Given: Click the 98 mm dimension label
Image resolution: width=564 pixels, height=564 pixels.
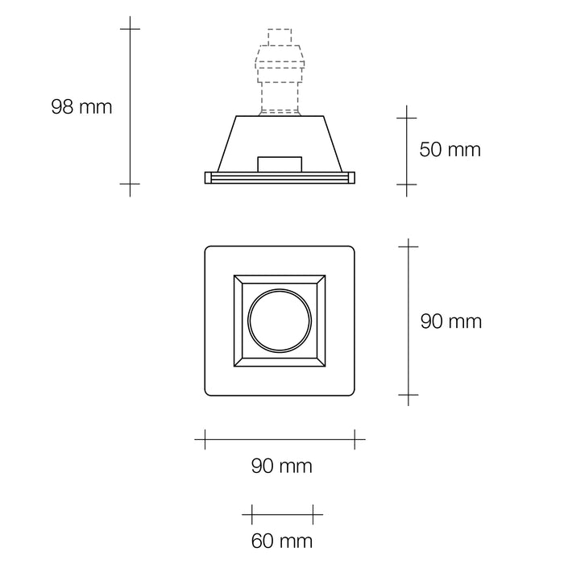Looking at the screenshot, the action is [x=81, y=107].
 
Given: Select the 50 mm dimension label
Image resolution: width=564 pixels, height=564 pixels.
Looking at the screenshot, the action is [x=450, y=149].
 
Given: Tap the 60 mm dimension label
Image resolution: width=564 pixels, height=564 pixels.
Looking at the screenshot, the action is [x=282, y=541].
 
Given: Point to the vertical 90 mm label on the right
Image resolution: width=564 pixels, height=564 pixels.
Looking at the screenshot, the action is [x=451, y=321].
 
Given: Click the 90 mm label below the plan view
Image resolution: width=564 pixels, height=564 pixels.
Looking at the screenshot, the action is [x=282, y=466].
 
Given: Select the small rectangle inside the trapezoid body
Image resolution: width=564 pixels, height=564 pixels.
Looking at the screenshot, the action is [x=280, y=164].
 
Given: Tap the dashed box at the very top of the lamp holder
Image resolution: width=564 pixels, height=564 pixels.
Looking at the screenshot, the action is [x=280, y=37].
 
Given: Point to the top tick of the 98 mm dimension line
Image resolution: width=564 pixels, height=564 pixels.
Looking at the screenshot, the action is [x=130, y=29].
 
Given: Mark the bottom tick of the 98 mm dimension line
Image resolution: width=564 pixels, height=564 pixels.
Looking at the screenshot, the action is [x=130, y=184].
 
